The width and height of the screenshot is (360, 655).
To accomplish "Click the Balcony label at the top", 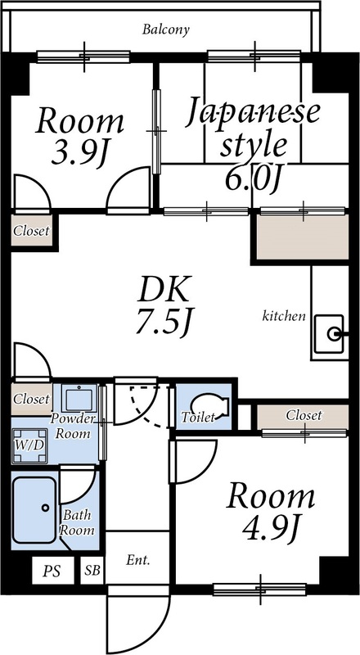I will [x=165, y=30].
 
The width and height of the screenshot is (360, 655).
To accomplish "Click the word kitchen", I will [x=284, y=315].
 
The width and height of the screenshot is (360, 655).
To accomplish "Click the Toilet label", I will [x=197, y=418].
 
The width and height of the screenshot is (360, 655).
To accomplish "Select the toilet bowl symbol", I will [x=207, y=404].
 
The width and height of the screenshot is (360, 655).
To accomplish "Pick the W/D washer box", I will [x=29, y=444].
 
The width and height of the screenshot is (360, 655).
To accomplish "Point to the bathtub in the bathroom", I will [x=34, y=509].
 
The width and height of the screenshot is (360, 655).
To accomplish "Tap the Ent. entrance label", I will [x=137, y=562].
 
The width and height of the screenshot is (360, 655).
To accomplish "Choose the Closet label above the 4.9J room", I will [x=304, y=416].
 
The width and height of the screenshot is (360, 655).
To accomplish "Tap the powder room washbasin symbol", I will [x=79, y=400].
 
